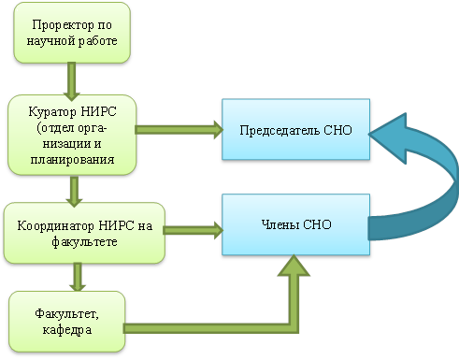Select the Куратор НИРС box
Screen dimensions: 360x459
(x=72, y=133)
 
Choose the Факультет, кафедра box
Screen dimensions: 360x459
(x=67, y=322)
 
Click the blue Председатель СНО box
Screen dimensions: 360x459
(x=294, y=130)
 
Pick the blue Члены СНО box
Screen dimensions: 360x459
(x=294, y=225)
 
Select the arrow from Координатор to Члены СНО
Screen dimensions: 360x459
(x=194, y=227)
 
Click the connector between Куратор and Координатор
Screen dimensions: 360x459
(x=72, y=191)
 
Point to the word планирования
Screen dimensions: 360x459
(x=73, y=161)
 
